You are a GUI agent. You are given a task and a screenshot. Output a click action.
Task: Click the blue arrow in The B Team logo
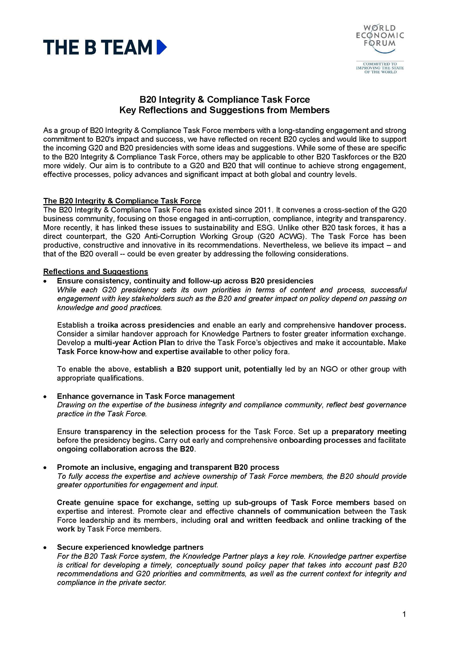161,47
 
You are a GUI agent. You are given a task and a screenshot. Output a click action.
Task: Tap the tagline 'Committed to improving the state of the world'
380,68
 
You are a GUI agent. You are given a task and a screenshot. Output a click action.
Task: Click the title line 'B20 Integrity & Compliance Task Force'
224,100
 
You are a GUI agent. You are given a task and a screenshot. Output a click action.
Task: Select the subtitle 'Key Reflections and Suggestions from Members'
224,110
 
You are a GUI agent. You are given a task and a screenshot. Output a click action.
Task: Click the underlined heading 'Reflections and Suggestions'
95,271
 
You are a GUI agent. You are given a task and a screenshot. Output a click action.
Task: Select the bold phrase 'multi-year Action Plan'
134,343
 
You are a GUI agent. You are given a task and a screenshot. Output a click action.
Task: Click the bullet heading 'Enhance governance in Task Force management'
145,396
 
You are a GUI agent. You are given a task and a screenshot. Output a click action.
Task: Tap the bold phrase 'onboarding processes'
320,440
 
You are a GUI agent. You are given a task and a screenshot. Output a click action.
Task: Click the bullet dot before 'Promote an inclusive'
45,468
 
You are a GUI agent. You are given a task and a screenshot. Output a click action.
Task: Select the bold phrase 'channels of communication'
289,511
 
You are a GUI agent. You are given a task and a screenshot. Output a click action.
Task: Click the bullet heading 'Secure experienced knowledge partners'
130,547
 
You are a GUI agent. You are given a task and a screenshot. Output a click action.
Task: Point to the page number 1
404,615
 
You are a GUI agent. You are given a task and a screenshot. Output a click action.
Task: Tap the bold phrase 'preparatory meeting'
368,432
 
